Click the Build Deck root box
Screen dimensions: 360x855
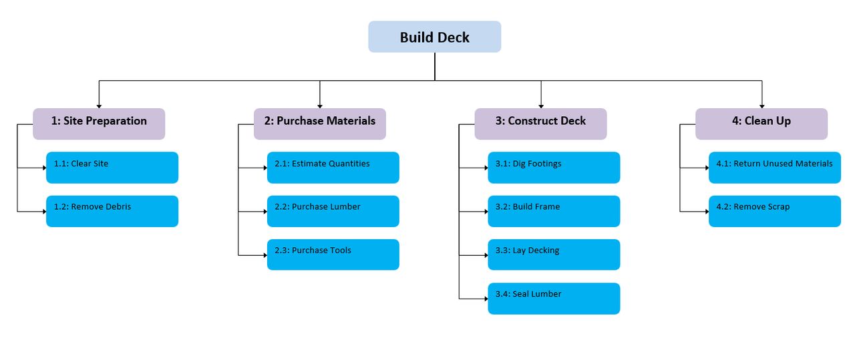434,37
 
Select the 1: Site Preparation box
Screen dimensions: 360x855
99,124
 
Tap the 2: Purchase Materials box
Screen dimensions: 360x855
319,124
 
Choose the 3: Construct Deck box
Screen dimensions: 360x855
540,124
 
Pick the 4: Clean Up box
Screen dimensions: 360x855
761,124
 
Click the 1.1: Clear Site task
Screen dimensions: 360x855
112,168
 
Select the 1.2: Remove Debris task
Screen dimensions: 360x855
112,211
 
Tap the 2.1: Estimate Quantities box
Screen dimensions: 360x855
333,168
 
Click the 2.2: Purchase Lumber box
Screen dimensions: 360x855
333,211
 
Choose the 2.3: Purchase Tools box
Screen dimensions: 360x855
333,254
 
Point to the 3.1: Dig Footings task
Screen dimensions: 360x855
554,168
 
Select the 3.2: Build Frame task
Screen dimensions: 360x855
554,211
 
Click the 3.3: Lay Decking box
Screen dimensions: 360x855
554,254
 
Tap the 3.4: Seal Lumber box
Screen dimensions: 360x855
554,299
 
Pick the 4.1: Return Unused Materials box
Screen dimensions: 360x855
774,168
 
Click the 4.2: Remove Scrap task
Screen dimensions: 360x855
774,211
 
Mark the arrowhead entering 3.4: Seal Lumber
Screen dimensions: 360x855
485,299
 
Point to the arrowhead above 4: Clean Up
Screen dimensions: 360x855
761,106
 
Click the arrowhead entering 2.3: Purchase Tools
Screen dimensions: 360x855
264,254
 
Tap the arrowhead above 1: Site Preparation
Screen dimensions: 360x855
99,106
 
